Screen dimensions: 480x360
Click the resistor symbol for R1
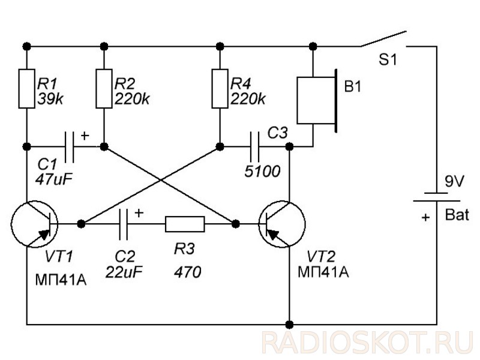point(26,89)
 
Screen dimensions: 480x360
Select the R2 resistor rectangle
point(104,89)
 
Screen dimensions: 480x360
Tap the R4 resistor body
point(220,89)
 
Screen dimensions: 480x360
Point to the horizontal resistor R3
point(185,224)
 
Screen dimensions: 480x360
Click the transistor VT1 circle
point(34,224)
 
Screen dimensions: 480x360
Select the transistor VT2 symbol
point(281,224)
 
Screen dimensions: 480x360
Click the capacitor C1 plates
point(69,147)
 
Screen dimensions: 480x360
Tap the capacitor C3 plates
point(254,147)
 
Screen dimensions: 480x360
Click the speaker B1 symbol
point(317,100)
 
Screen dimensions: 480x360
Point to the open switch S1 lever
point(383,39)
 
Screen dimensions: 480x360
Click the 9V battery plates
point(437,197)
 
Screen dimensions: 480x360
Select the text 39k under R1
point(50,99)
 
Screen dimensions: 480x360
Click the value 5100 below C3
point(262,172)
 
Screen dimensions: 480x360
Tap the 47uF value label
point(53,179)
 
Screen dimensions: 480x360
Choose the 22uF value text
point(124,272)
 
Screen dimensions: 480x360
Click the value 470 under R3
point(188,272)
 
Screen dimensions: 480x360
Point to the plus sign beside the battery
point(425,217)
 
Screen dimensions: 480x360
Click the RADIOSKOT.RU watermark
point(368,343)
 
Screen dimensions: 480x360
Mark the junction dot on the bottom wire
point(289,325)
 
